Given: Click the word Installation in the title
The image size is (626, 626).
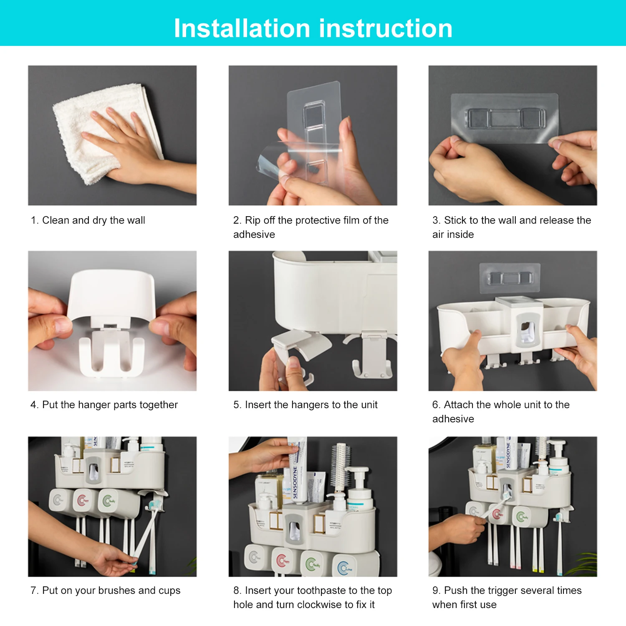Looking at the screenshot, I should point(242,28).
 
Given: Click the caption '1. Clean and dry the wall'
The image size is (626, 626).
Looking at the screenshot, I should point(88,220).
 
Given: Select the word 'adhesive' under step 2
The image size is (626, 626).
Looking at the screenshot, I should point(254,235).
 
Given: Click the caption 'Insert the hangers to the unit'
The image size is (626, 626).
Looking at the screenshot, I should point(310,405).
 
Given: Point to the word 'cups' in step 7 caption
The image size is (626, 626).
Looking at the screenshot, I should point(169,591).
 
